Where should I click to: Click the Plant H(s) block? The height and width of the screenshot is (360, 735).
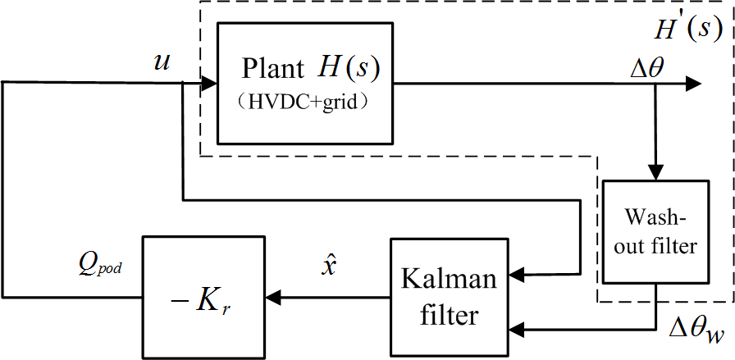click(x=304, y=82)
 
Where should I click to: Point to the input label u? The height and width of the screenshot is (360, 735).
click(x=162, y=62)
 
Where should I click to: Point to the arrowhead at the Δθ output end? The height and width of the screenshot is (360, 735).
click(x=694, y=83)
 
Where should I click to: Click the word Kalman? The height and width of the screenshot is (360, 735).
click(x=449, y=279)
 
